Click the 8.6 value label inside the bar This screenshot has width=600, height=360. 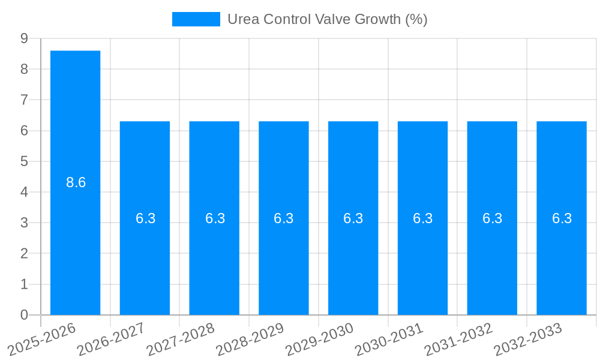pyautogui.click(x=76, y=182)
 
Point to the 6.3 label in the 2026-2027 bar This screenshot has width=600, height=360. pyautogui.click(x=145, y=218)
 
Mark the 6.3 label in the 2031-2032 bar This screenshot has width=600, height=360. pyautogui.click(x=492, y=218)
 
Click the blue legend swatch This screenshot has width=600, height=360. pyautogui.click(x=196, y=19)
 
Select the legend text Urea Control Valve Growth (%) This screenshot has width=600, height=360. pyautogui.click(x=327, y=19)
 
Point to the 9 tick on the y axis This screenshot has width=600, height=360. pyautogui.click(x=24, y=38)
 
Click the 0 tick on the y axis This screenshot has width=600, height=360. pyautogui.click(x=24, y=315)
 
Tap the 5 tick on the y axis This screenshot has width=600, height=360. pyautogui.click(x=24, y=161)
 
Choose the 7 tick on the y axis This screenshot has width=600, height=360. pyautogui.click(x=24, y=100)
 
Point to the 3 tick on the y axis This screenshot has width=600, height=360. pyautogui.click(x=24, y=223)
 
